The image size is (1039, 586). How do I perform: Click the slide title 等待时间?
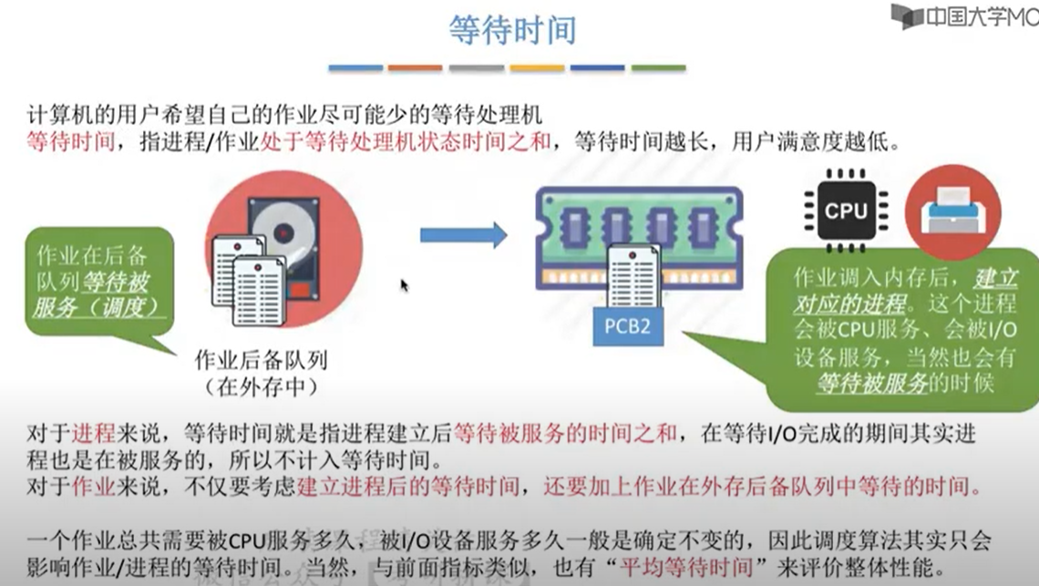click(x=512, y=29)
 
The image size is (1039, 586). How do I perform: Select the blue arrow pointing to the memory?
click(x=463, y=235)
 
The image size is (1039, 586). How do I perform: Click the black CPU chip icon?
click(x=845, y=210)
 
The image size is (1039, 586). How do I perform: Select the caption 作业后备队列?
click(x=262, y=360)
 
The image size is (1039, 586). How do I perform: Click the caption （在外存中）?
click(x=262, y=386)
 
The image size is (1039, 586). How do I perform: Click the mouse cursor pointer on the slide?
click(x=404, y=285)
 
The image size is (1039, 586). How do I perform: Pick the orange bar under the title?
click(x=414, y=67)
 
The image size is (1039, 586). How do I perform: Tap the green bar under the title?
click(x=658, y=67)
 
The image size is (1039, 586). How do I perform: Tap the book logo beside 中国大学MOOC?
click(x=907, y=15)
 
